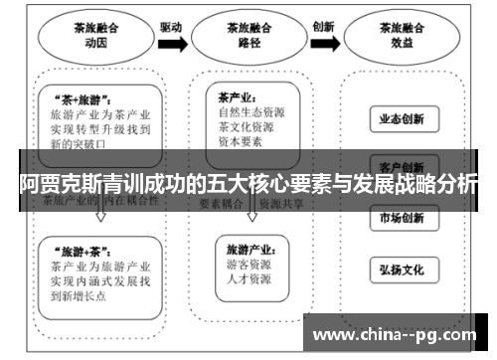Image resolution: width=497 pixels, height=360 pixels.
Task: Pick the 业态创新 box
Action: [402, 120]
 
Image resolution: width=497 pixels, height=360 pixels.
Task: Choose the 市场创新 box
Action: [402, 218]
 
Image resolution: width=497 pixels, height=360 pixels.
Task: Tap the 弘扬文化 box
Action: [402, 269]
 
